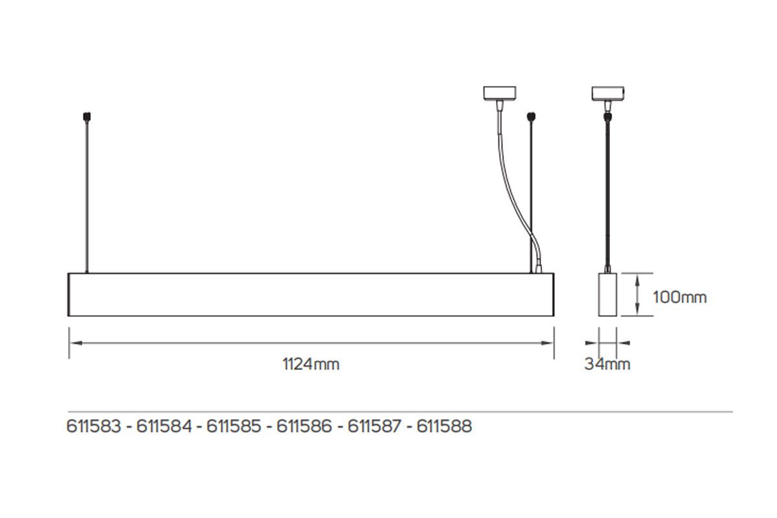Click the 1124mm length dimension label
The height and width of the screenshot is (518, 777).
tap(311, 365)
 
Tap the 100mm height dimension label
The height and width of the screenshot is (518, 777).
tap(679, 298)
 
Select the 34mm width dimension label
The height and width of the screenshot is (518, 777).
tap(607, 364)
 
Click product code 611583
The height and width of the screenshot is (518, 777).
tap(94, 427)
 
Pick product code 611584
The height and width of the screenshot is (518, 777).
tap(164, 427)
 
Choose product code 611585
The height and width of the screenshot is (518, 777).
tap(234, 427)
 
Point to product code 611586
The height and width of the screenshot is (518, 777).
tap(304, 427)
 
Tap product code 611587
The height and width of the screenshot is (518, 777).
tap(375, 427)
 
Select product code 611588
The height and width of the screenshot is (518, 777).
tap(444, 427)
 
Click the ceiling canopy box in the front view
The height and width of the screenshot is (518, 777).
tap(500, 93)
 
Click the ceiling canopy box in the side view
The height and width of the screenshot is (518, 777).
tap(607, 93)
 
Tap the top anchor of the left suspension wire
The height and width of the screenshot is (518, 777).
tap(86, 117)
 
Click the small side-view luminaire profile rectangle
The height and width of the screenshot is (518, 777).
tap(607, 295)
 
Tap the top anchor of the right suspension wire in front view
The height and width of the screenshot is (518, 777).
tap(532, 117)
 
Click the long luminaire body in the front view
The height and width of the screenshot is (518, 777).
tap(311, 295)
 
